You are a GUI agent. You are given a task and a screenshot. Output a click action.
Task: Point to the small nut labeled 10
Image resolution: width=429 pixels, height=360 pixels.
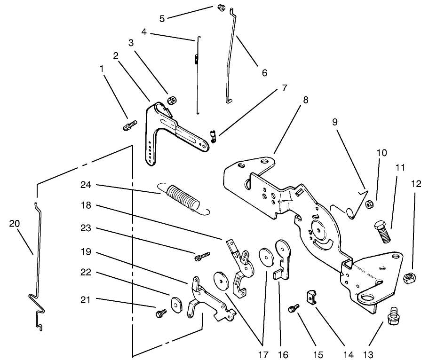(x=370, y=204)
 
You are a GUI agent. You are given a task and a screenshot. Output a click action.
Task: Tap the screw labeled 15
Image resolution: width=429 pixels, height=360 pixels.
(x=294, y=307)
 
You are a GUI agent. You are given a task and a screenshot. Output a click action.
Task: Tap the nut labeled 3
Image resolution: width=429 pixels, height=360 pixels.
(x=172, y=101)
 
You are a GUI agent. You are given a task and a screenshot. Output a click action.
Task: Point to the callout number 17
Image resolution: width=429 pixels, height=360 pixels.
(x=262, y=353)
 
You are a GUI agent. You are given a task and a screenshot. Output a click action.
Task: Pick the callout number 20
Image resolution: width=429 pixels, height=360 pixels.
(x=15, y=224)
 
